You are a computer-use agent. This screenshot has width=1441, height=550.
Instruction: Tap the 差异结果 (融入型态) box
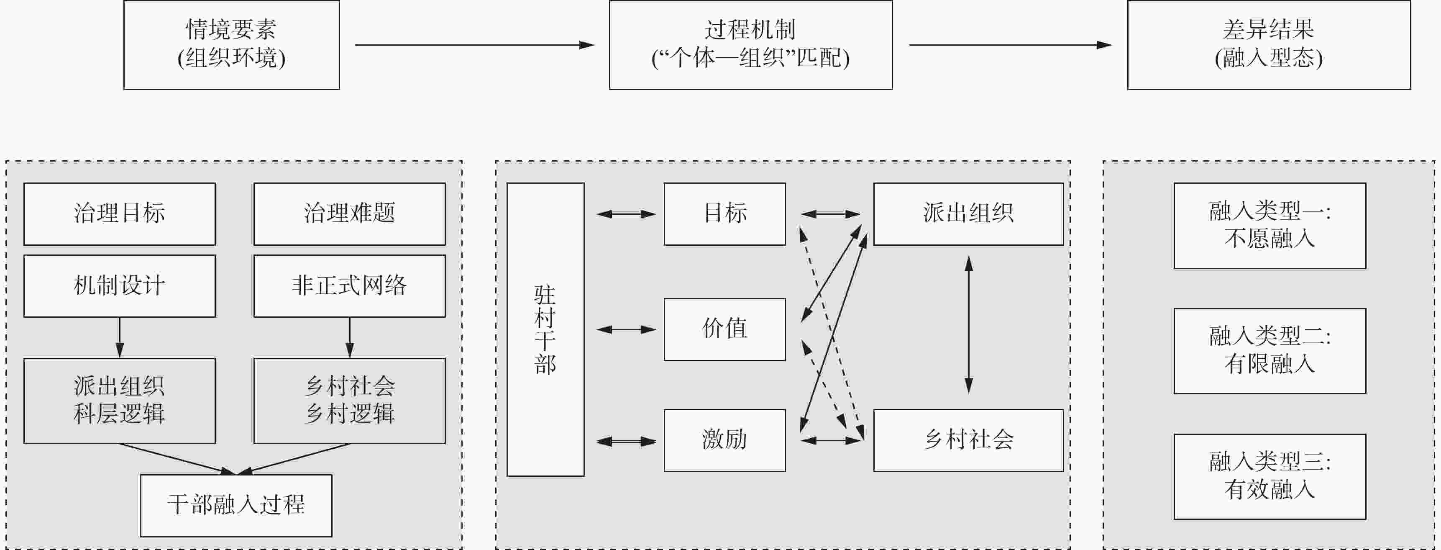coord(1268,45)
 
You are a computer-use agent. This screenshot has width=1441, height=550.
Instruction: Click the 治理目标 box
coord(119,214)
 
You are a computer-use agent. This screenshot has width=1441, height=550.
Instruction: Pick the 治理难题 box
coord(349,214)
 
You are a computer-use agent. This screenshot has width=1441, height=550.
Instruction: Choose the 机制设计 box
coord(119,286)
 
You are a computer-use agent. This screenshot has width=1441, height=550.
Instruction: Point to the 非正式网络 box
coord(349,286)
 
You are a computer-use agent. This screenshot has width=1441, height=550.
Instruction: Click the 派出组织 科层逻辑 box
coord(119,401)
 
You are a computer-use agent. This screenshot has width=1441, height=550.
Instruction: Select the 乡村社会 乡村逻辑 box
coord(349,401)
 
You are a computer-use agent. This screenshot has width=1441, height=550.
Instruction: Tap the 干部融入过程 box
coord(235,505)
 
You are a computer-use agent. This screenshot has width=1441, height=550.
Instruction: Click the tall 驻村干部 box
coord(545,329)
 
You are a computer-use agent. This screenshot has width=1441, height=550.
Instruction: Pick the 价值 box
coord(724,329)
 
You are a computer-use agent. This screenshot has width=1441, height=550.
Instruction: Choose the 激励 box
coord(724,440)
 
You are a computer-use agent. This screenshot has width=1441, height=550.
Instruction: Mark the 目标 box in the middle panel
coord(724,214)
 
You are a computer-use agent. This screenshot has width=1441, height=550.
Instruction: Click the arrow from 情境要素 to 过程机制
coord(474,45)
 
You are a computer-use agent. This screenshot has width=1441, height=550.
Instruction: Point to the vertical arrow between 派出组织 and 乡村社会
coord(968,324)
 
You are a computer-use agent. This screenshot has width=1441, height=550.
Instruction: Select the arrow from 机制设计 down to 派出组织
coord(119,337)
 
